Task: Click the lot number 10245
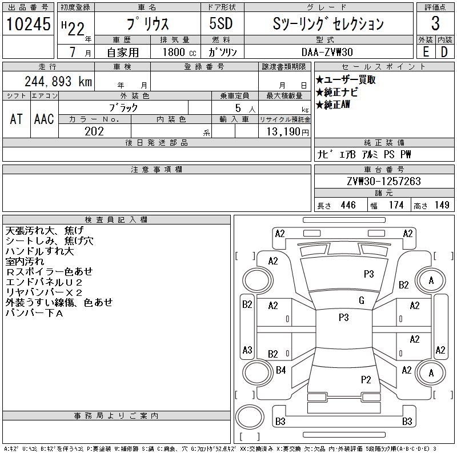point(28,24)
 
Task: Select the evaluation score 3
point(435,24)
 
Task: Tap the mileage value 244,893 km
point(57,82)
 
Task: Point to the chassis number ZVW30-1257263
point(383,182)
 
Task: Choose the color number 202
point(94,131)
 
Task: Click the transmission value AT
point(16,119)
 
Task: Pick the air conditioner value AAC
point(44,119)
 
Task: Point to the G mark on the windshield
point(361,300)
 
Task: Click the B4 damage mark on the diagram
point(280,370)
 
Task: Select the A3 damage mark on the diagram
point(247,350)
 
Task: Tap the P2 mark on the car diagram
point(366,379)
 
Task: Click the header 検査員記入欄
point(116,220)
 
